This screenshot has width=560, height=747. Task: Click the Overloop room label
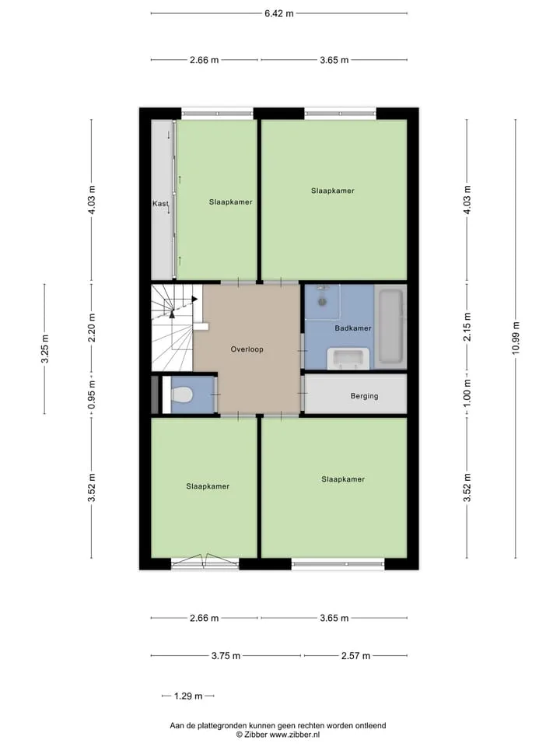pos(247,349)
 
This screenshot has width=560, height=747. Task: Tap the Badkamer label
pos(353,328)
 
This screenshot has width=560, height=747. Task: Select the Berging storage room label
pos(364,396)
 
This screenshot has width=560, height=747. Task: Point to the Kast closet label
pos(160,203)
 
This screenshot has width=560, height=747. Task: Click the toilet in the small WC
pos(181,395)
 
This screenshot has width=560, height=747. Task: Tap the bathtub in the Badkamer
pos(391,326)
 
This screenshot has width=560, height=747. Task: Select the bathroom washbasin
pos(348,358)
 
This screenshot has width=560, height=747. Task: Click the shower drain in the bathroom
pos(322,302)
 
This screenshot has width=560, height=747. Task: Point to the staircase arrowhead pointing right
pos(194,299)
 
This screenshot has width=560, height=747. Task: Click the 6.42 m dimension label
pos(279,13)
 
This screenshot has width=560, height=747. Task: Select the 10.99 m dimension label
pos(516,338)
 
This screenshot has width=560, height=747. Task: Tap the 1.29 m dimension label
pos(188,696)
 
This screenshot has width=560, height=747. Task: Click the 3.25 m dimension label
pos(45,349)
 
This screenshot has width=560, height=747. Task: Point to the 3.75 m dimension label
pos(226,655)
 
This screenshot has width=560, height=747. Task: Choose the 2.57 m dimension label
pos(355,655)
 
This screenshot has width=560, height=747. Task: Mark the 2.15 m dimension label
pos(467,327)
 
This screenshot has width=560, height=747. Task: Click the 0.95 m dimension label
pos(92,395)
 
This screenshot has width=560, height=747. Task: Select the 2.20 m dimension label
pos(92,328)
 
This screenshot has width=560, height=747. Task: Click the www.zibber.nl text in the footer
pos(294,735)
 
